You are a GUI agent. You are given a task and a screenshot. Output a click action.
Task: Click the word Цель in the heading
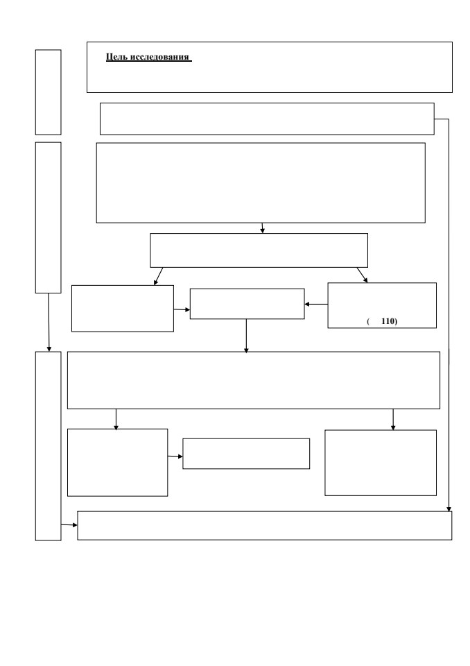click(x=116, y=57)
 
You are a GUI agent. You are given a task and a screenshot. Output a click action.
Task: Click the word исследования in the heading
click(x=159, y=57)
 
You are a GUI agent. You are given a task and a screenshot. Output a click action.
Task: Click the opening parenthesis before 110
click(x=368, y=321)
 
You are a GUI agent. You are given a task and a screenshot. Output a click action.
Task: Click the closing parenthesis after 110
click(x=396, y=321)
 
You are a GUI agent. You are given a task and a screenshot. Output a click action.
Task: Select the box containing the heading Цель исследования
click(x=270, y=67)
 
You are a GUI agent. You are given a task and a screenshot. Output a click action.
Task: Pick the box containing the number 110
click(x=382, y=305)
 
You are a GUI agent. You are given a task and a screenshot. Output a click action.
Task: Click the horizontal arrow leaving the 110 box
click(x=316, y=304)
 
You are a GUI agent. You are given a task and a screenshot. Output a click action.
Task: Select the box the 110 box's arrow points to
click(x=247, y=304)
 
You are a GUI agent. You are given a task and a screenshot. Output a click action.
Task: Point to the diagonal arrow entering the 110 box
click(x=362, y=275)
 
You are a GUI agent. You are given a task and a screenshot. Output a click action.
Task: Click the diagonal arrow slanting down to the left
click(x=158, y=276)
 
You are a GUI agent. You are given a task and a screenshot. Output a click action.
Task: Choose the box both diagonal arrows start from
click(x=259, y=250)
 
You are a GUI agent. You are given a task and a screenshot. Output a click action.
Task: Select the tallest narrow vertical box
click(x=48, y=446)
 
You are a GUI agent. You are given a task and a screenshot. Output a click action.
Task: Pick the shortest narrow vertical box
click(x=48, y=92)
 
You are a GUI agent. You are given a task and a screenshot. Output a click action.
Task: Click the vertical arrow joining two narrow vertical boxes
click(x=49, y=323)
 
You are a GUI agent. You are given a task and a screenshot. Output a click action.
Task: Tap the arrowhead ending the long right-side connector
click(x=449, y=509)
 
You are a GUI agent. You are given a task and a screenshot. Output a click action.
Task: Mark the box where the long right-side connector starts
click(x=267, y=119)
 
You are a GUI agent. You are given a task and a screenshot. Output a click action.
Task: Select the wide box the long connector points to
click(x=265, y=525)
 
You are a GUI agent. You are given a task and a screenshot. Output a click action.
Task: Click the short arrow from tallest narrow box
click(x=69, y=525)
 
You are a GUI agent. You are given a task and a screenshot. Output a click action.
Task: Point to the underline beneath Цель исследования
click(x=149, y=62)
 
